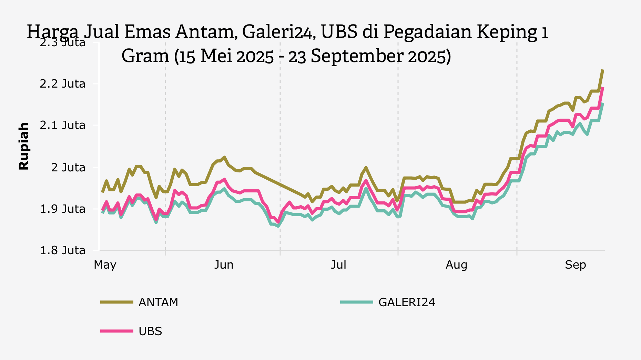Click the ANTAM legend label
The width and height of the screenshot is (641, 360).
tap(158, 302)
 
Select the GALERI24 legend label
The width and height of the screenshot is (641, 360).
tap(407, 302)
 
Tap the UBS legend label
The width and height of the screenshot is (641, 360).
tap(150, 331)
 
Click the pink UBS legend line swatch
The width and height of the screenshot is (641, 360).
tap(117, 331)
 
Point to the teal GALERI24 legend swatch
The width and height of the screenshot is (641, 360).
tap(356, 302)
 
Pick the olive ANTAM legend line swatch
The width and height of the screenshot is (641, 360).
tap(117, 302)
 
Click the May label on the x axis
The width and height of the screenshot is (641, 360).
tap(105, 265)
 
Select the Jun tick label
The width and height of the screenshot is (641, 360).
tap(224, 265)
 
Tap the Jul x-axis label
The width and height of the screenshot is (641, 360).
tap(338, 265)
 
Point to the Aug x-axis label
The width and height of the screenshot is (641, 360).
tap(456, 265)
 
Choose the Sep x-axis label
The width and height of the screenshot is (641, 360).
tap(575, 265)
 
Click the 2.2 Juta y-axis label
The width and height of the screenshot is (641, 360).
tap(63, 84)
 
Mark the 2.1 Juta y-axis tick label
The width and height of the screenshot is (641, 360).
tap(63, 125)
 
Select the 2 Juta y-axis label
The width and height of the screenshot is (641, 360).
tap(68, 168)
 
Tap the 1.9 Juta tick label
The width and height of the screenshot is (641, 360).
tap(63, 209)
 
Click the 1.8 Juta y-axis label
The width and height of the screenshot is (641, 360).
tap(63, 250)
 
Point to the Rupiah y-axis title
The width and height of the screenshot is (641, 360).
tap(24, 146)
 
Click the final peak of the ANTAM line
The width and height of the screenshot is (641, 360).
tap(603, 70)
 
